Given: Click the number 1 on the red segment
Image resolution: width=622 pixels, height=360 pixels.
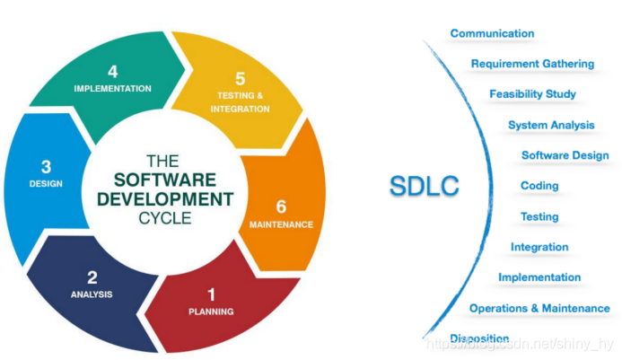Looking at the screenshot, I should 212,294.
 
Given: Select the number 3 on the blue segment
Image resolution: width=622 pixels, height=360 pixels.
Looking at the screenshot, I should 46,167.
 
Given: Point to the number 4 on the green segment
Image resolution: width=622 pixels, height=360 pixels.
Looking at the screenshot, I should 112,71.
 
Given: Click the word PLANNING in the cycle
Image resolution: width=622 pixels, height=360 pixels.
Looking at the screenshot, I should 212,312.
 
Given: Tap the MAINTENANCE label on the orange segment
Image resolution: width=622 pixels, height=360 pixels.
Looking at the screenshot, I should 281,224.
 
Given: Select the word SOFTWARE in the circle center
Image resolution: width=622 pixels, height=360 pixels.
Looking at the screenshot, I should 170,180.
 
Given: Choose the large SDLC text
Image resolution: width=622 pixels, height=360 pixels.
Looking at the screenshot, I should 424,186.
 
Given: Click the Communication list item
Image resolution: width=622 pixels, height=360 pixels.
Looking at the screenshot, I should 492,34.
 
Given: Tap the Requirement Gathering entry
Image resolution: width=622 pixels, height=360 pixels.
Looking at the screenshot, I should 532,64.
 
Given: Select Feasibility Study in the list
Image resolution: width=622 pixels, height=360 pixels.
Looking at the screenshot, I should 532,94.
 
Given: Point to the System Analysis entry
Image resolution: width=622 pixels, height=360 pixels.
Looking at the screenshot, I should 551,125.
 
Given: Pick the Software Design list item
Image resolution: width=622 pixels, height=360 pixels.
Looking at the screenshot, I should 565,155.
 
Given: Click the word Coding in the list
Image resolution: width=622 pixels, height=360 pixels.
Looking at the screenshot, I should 539,186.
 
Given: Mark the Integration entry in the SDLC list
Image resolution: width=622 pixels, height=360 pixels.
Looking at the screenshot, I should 539,247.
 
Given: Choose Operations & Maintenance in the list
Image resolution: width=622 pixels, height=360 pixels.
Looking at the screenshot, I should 539,308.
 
